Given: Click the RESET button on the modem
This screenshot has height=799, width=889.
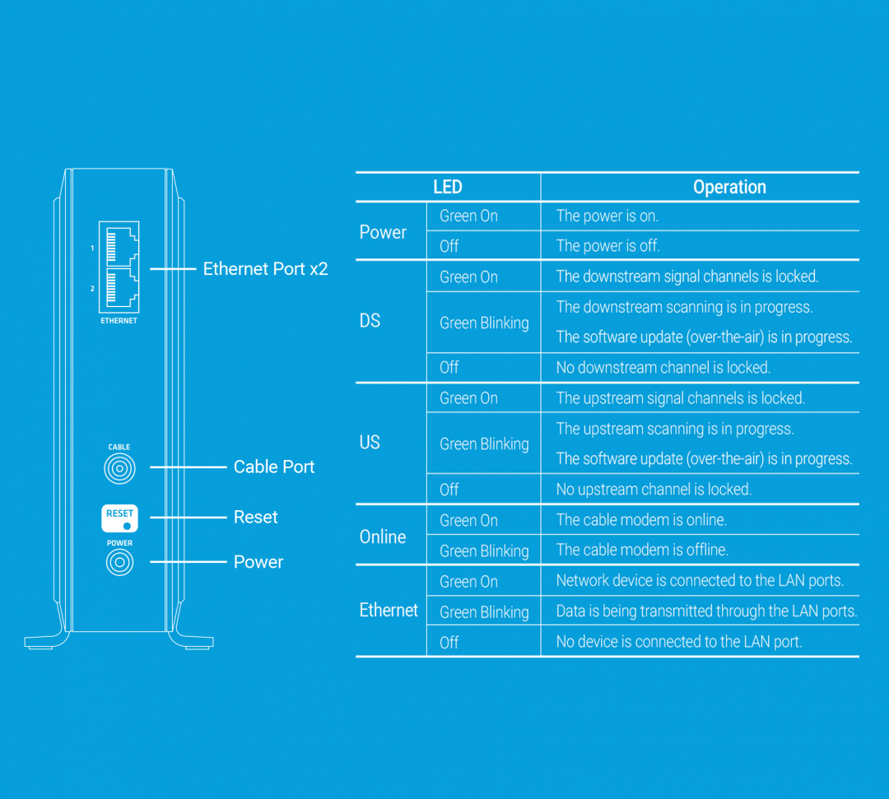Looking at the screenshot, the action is click(119, 518).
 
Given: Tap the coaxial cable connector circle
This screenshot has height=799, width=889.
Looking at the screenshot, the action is click(119, 469).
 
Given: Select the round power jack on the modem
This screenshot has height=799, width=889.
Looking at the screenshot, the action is click(119, 562).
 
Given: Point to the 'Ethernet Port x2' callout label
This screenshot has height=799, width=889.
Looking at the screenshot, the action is click(265, 268).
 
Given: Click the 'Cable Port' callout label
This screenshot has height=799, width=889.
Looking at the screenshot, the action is click(274, 467).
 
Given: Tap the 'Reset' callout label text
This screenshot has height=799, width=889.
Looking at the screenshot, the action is click(256, 517).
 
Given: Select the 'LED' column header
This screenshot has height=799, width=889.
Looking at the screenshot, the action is click(448, 187).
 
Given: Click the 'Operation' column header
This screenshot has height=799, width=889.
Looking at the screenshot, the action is click(729, 187).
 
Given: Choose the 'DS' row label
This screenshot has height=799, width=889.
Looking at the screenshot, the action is click(370, 321).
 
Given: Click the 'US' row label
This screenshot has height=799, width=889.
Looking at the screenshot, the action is click(370, 442).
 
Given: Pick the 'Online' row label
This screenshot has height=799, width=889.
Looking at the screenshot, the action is click(383, 537).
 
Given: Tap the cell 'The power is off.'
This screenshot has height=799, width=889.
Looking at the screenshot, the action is click(607, 245).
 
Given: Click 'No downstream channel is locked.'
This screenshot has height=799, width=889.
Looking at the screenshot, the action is click(663, 367).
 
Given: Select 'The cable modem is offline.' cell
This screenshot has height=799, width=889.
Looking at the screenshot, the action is click(642, 550).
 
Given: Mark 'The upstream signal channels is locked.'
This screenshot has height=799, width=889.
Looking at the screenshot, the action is click(681, 397).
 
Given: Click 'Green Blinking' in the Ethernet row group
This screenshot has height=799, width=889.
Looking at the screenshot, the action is click(484, 612).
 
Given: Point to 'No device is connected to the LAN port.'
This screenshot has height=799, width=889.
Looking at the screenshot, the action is click(679, 642).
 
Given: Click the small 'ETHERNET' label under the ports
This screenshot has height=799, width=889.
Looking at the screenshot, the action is click(119, 321).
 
